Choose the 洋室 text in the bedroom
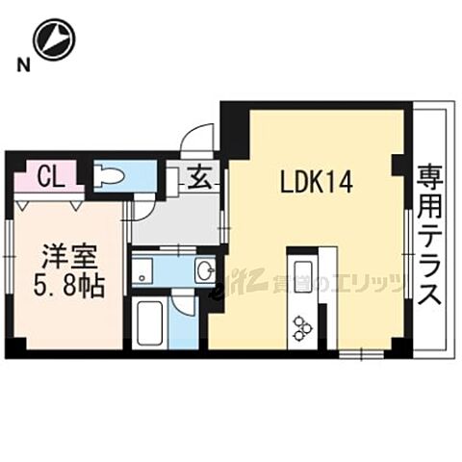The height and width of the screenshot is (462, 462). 64,258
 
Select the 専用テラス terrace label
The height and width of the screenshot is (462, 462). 428,235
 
